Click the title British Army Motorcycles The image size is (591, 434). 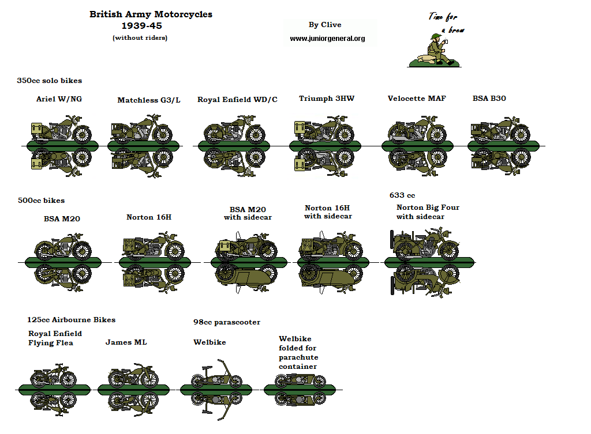click(x=151, y=14)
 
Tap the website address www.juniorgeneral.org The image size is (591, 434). click(x=327, y=39)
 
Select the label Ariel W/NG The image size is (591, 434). click(x=59, y=99)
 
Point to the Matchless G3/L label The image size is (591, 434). click(x=149, y=100)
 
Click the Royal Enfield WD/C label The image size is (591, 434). click(x=237, y=100)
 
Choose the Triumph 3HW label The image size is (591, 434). click(x=327, y=99)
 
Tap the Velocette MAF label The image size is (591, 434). click(x=417, y=99)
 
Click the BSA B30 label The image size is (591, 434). click(x=489, y=99)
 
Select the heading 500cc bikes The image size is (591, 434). click(x=41, y=201)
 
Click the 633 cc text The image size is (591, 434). click(x=402, y=195)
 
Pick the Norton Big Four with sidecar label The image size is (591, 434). click(x=428, y=212)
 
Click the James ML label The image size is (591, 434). click(x=126, y=342)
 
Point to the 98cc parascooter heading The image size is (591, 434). click(x=227, y=322)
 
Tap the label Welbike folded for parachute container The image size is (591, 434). click(x=298, y=353)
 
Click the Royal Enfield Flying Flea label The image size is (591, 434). click(x=55, y=338)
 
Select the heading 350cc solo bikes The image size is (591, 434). click(x=50, y=81)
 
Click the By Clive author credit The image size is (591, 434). click(x=325, y=25)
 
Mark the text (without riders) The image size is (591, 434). click(x=140, y=38)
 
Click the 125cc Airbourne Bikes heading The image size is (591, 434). click(x=71, y=320)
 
